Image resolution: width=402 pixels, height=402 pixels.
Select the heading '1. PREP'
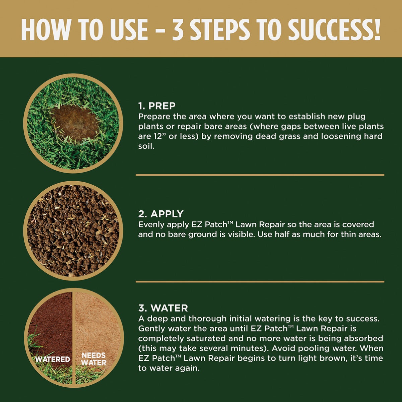pos(157,106)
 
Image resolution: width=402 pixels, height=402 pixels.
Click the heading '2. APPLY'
pos(161,214)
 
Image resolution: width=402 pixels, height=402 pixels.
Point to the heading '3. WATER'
pos(163,308)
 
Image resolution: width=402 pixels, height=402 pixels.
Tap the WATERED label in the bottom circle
pos(53,359)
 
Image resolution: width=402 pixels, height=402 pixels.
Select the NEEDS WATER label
pos(94,358)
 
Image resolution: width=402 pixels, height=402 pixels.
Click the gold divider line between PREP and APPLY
pos(260,175)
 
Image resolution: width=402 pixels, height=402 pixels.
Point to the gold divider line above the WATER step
pos(260,282)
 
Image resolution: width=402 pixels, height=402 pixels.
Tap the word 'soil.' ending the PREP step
pos(146,146)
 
